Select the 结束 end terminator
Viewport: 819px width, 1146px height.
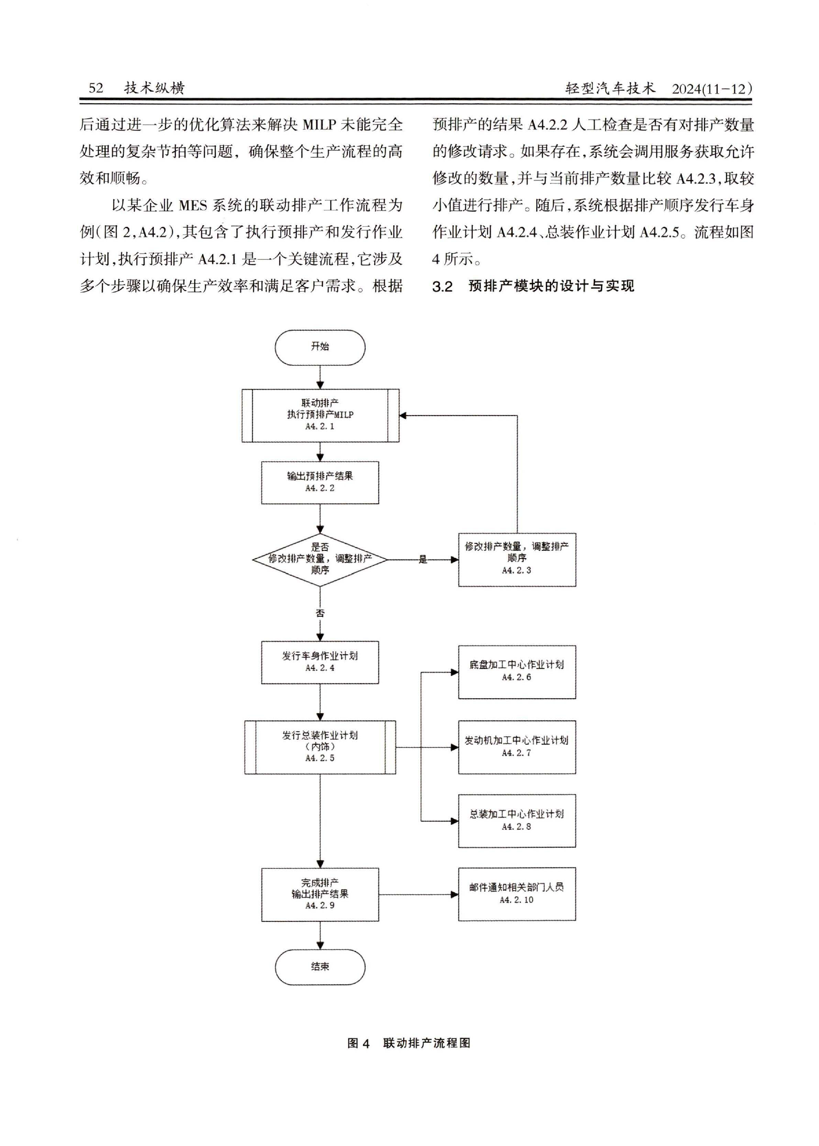point(320,966)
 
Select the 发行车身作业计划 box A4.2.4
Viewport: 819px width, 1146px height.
point(320,662)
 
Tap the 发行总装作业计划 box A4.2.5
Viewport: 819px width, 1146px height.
point(320,747)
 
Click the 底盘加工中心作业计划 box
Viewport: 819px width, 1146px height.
point(517,672)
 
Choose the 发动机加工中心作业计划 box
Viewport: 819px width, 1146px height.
point(517,747)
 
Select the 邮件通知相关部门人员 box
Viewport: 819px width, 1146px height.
point(517,894)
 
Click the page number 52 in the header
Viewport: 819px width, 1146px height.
point(96,88)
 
